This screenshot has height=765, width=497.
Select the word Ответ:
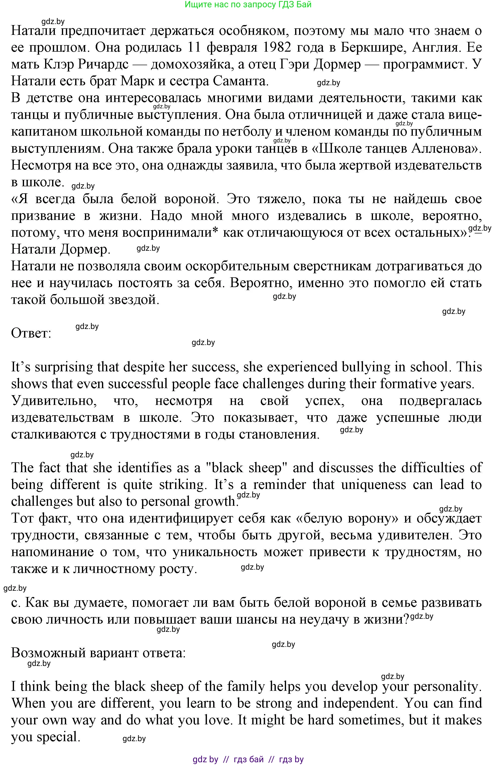tap(31, 333)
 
